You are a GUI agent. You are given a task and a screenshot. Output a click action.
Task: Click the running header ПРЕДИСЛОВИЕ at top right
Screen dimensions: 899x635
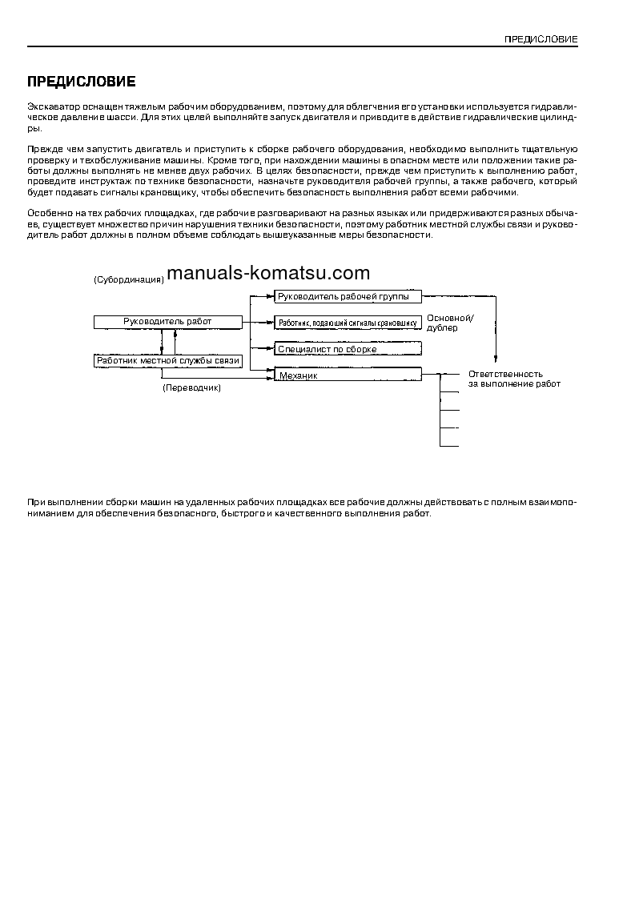pos(541,39)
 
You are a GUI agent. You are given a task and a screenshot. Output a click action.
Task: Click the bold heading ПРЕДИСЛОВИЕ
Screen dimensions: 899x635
pos(82,82)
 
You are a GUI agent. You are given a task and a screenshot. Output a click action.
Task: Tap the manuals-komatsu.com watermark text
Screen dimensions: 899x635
pos(269,273)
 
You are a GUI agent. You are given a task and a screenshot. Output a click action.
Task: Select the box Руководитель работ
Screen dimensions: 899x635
pos(167,322)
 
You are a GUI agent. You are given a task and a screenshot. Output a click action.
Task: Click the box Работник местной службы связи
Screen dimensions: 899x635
pos(167,361)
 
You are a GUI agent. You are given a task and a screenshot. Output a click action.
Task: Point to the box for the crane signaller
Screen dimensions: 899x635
pos(348,323)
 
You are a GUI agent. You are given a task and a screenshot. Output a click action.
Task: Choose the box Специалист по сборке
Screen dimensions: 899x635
pos(348,349)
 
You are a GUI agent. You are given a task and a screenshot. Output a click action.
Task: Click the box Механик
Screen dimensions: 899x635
pos(348,374)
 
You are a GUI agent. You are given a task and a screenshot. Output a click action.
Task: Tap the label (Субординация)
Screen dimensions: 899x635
pos(129,280)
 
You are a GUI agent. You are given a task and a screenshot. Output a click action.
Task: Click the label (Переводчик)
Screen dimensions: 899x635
pos(191,387)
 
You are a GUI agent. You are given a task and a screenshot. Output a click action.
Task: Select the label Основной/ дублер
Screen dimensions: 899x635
pos(450,323)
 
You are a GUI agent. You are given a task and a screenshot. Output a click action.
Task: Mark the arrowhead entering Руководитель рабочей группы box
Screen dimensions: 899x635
pos(271,296)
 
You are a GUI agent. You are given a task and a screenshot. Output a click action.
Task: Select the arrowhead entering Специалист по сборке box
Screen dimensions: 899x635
pos(271,349)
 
